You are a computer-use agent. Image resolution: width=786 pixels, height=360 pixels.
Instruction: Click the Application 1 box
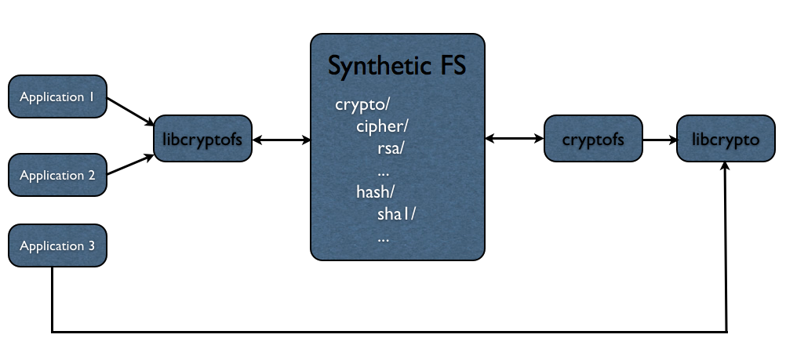(57, 96)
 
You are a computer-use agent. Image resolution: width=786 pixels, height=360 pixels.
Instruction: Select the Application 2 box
(57, 175)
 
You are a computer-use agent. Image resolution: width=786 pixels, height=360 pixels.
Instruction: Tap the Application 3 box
(57, 245)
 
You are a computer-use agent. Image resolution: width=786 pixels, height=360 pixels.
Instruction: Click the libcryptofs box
(202, 138)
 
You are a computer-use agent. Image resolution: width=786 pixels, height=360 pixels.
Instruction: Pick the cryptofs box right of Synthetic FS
(593, 138)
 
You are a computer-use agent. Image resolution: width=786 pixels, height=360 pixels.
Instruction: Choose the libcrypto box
(726, 138)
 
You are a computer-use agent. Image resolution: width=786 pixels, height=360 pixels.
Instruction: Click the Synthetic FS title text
(397, 66)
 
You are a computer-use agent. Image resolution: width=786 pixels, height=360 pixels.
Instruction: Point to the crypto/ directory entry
(362, 105)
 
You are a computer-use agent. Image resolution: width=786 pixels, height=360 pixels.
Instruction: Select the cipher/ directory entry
(382, 127)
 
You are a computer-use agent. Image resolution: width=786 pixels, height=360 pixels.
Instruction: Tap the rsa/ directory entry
(391, 149)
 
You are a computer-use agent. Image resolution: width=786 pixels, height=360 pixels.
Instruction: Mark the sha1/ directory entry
(396, 214)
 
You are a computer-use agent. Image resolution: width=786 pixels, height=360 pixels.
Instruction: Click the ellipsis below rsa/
(384, 173)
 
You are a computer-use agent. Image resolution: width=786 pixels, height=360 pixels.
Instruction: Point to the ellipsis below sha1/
(384, 238)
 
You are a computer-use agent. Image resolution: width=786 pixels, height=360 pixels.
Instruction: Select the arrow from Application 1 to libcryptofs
(130, 111)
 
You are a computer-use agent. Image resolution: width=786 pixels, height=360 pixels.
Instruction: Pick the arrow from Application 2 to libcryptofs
(130, 165)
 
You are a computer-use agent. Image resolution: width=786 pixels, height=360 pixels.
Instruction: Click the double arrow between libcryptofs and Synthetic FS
(281, 140)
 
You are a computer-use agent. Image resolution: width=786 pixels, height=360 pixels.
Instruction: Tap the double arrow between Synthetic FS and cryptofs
(515, 138)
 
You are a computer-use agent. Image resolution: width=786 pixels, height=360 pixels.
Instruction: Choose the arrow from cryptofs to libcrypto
(660, 140)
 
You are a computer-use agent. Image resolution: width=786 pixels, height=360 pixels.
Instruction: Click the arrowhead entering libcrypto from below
(726, 166)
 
